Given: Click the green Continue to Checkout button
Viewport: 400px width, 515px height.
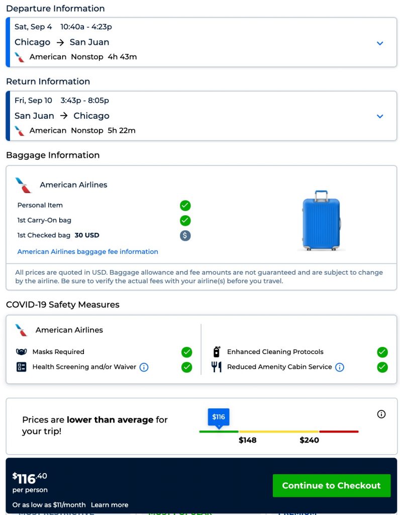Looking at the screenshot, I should (x=331, y=485).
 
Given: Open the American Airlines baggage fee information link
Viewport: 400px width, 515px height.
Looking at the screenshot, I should (x=88, y=251).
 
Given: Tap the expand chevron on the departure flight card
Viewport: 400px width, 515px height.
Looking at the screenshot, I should (x=380, y=43).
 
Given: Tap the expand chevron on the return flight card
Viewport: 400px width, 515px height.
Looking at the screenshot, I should (x=380, y=116).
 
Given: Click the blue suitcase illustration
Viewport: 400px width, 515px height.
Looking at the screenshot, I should (x=321, y=220).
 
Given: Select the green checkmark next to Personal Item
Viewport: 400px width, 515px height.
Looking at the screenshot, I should (x=185, y=205).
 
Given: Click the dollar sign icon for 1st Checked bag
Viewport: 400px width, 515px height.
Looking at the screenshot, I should (x=185, y=235).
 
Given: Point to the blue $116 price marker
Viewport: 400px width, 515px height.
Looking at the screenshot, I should (x=219, y=417).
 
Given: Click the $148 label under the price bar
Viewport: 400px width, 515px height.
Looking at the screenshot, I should (x=248, y=440).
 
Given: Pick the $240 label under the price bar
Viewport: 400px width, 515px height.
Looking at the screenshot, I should (x=309, y=440).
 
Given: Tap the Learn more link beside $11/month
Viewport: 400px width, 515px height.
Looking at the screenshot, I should (x=110, y=504).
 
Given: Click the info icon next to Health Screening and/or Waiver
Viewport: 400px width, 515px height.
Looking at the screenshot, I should (x=144, y=367).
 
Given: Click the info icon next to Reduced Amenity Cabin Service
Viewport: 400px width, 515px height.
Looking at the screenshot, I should (x=340, y=367).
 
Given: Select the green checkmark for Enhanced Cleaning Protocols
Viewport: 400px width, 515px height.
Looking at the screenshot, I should (x=382, y=352).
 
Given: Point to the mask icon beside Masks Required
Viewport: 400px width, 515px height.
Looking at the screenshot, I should (x=22, y=352).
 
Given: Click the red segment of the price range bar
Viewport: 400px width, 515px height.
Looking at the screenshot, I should (x=339, y=432).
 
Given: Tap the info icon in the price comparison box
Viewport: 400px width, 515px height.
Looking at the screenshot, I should (x=381, y=414).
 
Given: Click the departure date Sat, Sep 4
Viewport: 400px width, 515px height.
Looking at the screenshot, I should (x=33, y=27).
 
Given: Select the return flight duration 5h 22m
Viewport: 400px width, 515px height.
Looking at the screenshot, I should (x=122, y=130).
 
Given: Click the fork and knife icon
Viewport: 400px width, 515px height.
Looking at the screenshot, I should (x=217, y=367).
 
